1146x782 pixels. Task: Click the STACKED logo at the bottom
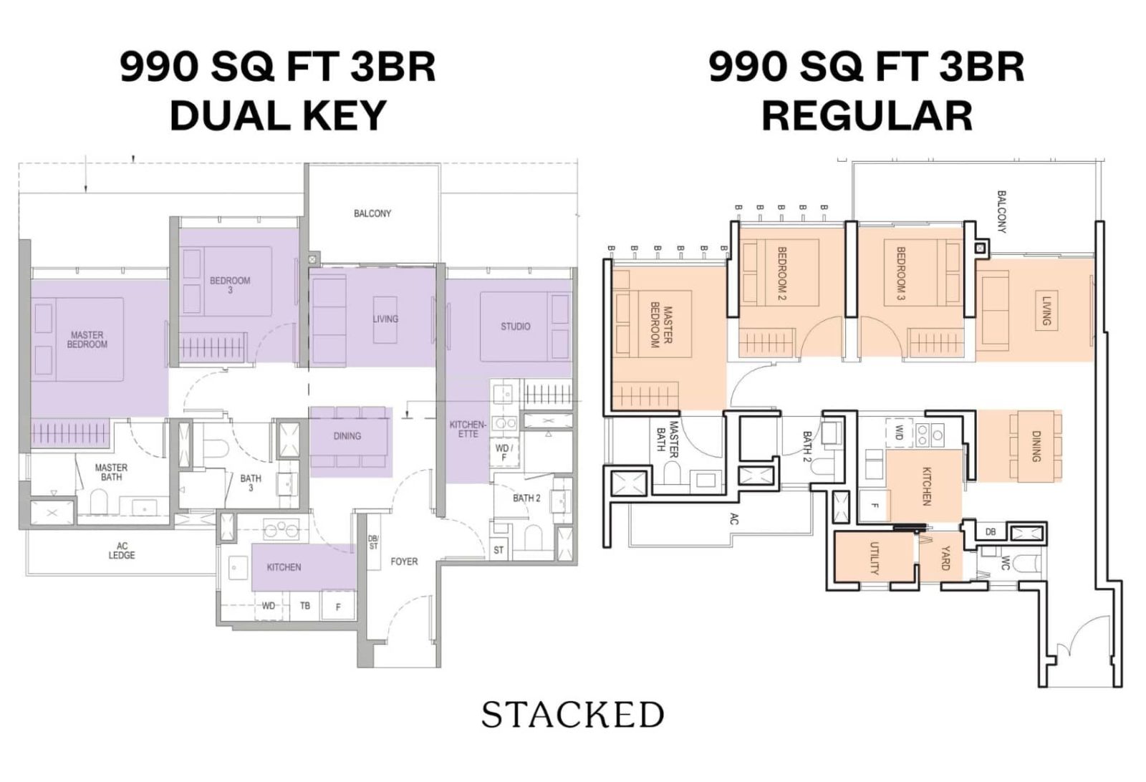pos(572,715)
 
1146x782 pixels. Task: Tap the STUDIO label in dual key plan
pos(515,327)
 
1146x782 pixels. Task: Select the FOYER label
pos(404,561)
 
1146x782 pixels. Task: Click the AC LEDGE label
pos(122,550)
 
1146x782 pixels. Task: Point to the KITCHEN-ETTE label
pos(468,429)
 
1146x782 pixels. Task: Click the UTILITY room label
pos(874,559)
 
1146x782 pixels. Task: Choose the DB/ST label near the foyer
pos(372,542)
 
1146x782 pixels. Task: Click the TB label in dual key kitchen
pos(305,606)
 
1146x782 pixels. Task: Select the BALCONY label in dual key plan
pos(372,213)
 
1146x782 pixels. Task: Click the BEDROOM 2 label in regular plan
pos(781,274)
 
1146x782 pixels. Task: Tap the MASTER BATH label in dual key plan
pos(111,472)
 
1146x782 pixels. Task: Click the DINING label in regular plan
pos(1036,445)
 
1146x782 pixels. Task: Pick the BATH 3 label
pos(251,483)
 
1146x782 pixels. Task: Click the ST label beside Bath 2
pos(499,550)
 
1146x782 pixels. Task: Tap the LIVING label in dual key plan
pos(385,319)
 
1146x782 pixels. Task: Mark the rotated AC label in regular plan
pos(733,519)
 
